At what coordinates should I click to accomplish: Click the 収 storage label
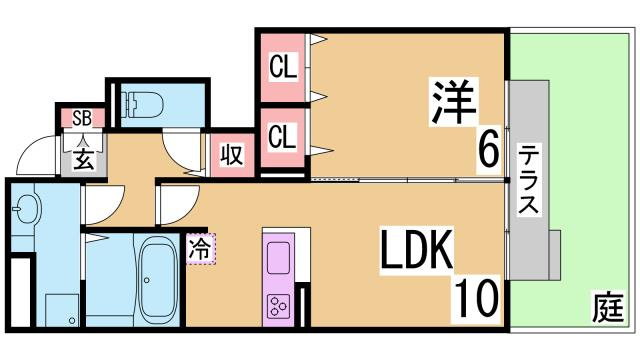coord(230,155)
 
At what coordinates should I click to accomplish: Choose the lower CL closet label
coord(283,135)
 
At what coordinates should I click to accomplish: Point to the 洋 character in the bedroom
coord(456,101)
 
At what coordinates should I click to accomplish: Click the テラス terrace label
coord(529,180)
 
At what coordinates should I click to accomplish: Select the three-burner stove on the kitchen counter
coord(278,304)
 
